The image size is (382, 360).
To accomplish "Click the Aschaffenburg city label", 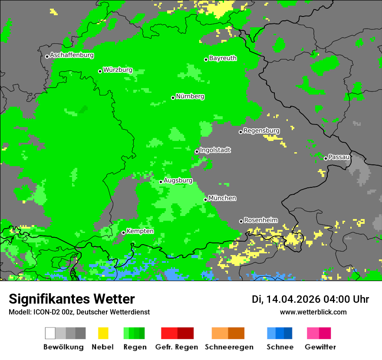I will (x=72, y=55).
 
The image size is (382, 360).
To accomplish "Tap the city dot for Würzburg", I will (x=100, y=71).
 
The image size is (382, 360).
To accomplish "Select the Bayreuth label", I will (x=223, y=58).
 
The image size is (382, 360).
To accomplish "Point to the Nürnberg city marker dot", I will (x=173, y=98).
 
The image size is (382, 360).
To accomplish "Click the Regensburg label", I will (x=261, y=131).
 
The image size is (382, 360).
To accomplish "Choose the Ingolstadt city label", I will (x=215, y=150).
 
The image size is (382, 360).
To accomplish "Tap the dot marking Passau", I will (x=326, y=158).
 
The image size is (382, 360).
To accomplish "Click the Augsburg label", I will (x=178, y=180).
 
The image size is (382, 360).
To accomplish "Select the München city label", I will (x=222, y=198).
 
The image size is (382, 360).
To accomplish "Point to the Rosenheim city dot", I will (x=241, y=221).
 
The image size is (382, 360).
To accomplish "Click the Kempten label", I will (x=140, y=231).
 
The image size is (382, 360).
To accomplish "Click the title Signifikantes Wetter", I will (x=72, y=299).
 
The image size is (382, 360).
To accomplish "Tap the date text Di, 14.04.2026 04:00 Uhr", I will (x=310, y=299).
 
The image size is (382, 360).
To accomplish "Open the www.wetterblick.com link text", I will (x=313, y=312).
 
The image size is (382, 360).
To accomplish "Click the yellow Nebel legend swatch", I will (x=103, y=333).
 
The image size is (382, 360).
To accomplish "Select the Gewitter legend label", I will (x=320, y=347).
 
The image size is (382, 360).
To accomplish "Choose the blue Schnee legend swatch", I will (x=280, y=333).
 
